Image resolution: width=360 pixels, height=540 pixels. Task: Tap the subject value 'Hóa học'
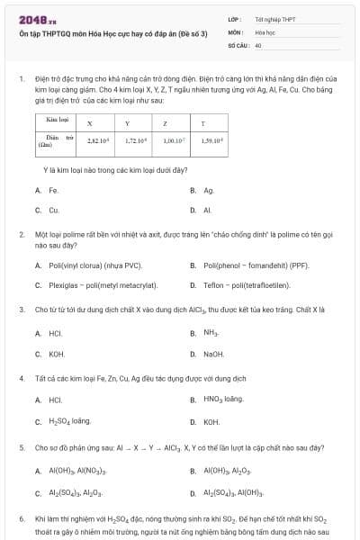tap(264, 31)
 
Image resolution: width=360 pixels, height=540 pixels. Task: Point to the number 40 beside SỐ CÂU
tap(258, 44)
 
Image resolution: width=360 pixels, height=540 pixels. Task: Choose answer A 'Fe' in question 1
tap(53, 190)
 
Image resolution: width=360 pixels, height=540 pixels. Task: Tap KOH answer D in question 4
tap(211, 421)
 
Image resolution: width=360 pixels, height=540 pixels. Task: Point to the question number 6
tap(22, 518)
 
